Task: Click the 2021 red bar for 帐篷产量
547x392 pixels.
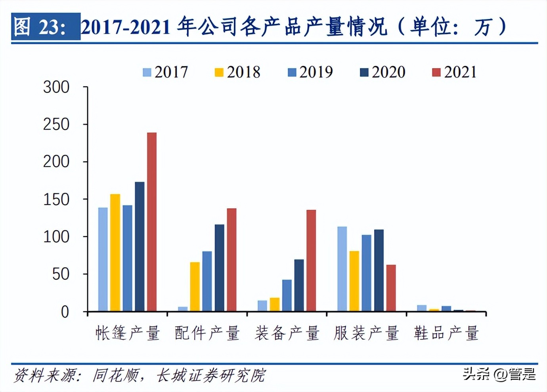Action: click(152, 222)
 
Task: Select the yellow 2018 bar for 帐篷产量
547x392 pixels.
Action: click(115, 252)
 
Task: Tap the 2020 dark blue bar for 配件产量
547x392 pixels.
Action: click(219, 268)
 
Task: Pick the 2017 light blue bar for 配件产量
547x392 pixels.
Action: click(183, 309)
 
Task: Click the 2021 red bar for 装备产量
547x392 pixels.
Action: click(311, 261)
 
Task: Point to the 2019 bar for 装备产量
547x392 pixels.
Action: click(287, 295)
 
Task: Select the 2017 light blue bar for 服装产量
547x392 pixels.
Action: click(342, 269)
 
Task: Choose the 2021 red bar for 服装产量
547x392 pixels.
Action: click(391, 288)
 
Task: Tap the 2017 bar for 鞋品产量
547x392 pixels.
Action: click(422, 308)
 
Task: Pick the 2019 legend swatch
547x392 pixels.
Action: click(292, 72)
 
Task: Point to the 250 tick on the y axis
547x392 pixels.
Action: click(56, 124)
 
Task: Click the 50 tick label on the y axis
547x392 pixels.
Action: click(61, 274)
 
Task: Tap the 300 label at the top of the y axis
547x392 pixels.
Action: click(56, 87)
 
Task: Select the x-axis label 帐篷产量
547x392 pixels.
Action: click(128, 333)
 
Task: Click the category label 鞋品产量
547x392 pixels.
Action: click(446, 333)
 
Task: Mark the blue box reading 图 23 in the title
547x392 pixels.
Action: click(46, 27)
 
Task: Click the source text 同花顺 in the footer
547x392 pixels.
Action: click(116, 375)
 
